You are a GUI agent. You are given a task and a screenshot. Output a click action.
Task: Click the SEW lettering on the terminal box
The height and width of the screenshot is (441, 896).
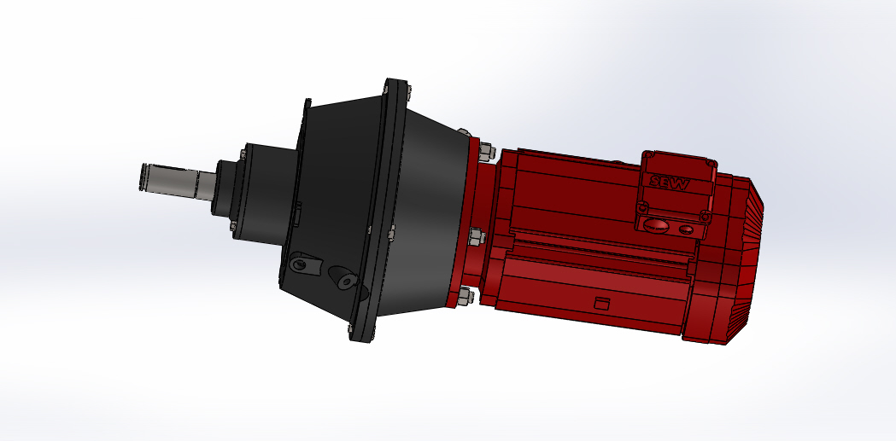671,182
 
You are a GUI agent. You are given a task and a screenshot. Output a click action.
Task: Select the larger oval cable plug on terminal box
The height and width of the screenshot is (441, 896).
656,226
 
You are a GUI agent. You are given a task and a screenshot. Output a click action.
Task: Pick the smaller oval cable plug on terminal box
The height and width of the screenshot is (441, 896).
688,229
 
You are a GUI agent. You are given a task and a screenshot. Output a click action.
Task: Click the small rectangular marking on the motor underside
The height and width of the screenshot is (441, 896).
602,303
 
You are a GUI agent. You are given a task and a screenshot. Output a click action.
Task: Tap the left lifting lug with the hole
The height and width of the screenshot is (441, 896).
301,264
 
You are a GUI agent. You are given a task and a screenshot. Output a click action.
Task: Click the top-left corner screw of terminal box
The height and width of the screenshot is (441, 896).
649,157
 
